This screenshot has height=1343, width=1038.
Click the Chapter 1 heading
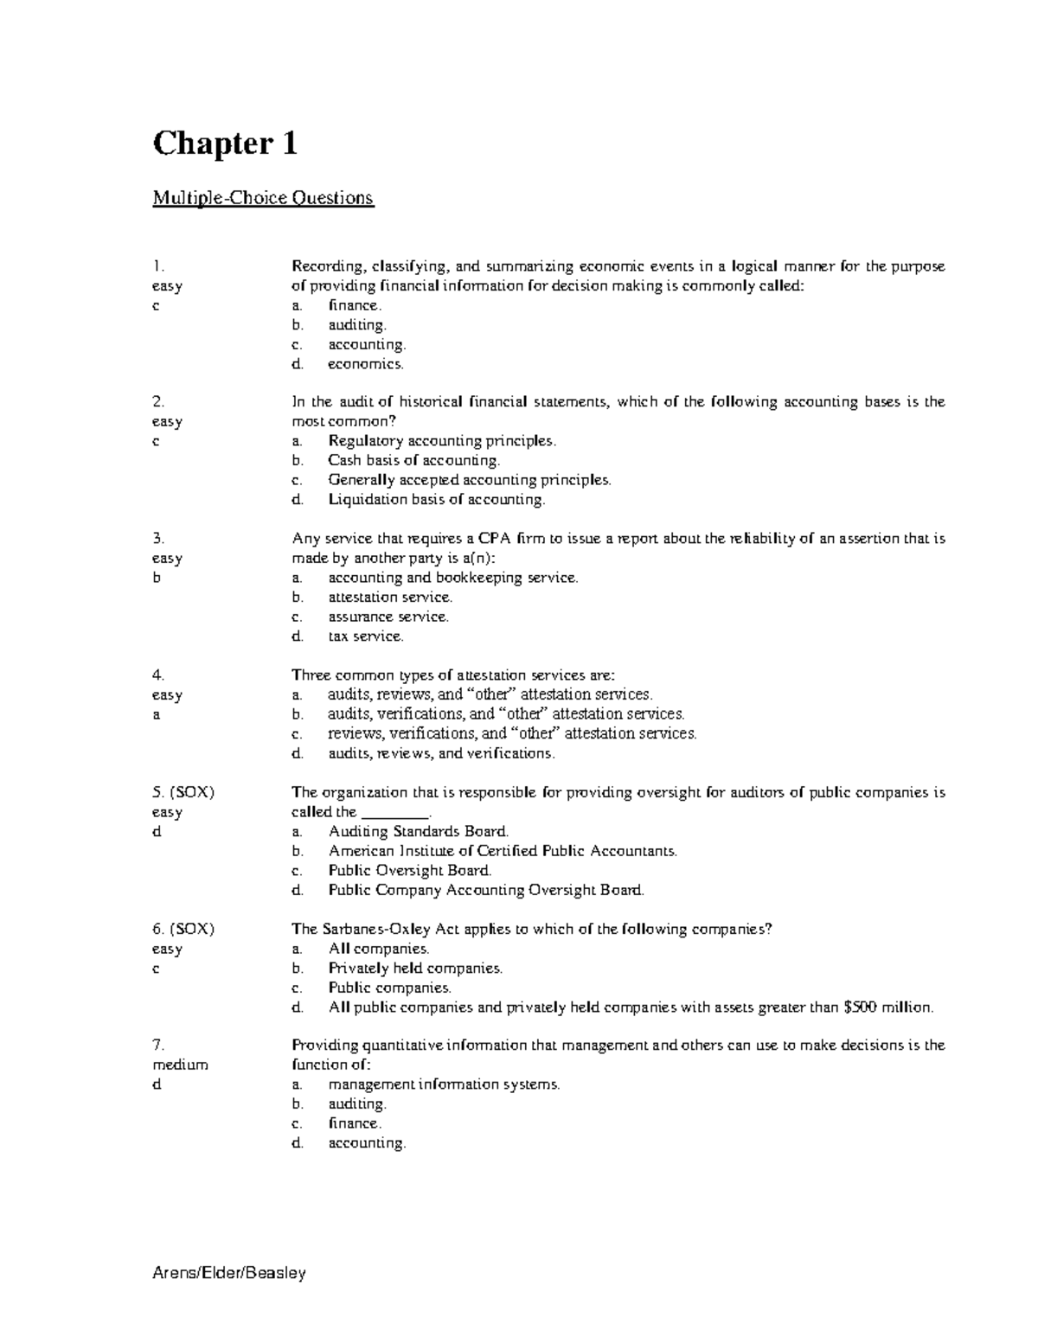click(x=225, y=143)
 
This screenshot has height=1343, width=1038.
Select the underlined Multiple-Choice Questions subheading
click(x=263, y=198)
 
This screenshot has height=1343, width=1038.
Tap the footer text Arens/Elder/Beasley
click(x=229, y=1273)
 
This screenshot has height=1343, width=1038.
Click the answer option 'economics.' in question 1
click(x=365, y=364)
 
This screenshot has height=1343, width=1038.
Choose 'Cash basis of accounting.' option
click(x=413, y=460)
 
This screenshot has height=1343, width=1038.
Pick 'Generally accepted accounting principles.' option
click(x=469, y=480)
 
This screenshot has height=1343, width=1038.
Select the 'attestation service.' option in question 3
click(x=390, y=597)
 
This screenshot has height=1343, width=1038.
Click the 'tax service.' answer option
click(x=365, y=636)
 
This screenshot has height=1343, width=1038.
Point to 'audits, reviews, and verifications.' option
click(x=441, y=753)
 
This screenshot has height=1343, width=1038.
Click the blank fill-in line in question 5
click(x=394, y=813)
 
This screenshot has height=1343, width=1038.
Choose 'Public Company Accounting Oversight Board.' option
click(x=486, y=890)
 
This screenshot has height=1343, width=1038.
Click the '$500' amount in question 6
click(x=862, y=1007)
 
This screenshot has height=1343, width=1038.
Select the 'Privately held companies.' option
click(x=415, y=969)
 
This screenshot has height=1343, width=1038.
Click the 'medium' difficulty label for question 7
click(x=180, y=1065)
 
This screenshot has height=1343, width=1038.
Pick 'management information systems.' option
click(x=444, y=1084)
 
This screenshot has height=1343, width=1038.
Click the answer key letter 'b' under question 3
click(x=157, y=578)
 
